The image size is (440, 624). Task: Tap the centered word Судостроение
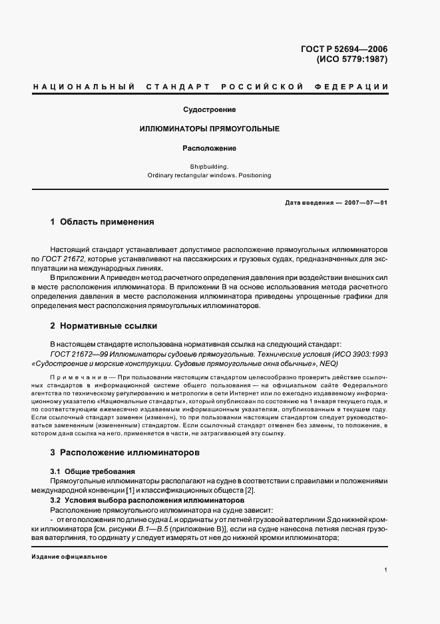pyautogui.click(x=209, y=109)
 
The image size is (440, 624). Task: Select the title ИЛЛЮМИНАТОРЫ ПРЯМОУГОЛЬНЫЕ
pyautogui.click(x=209, y=128)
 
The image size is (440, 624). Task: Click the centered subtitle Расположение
pyautogui.click(x=209, y=148)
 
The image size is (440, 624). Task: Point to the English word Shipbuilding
pyautogui.click(x=209, y=166)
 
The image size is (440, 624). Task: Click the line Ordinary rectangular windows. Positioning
pyautogui.click(x=209, y=176)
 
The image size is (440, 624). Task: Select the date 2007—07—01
pyautogui.click(x=365, y=203)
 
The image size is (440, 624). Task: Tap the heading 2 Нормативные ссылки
pyautogui.click(x=104, y=326)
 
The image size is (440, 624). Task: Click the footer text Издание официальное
pyautogui.click(x=69, y=557)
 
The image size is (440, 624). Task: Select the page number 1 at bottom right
pyautogui.click(x=385, y=571)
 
